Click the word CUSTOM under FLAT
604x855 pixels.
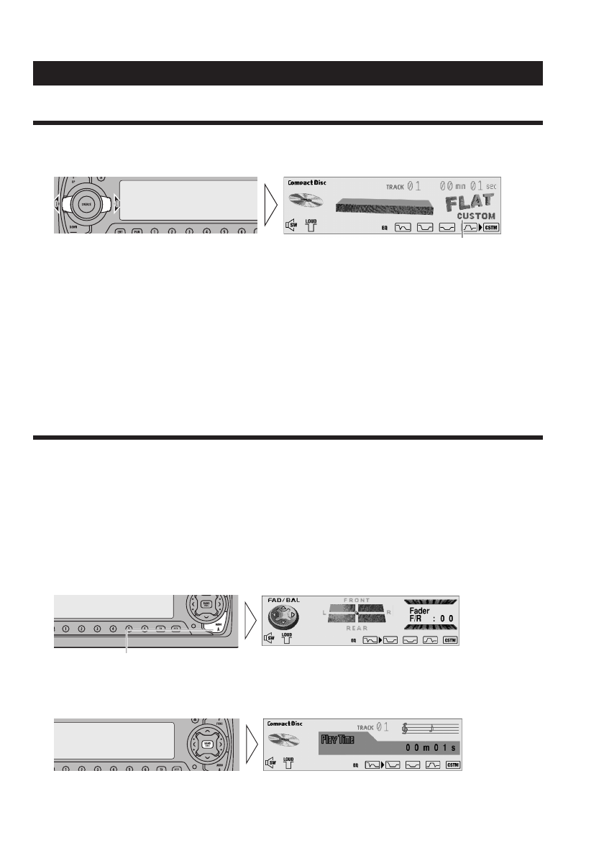[x=475, y=215]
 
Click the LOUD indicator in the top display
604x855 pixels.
[x=311, y=225]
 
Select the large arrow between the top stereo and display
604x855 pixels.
[x=269, y=205]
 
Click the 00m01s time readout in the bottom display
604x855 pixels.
[x=430, y=747]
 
